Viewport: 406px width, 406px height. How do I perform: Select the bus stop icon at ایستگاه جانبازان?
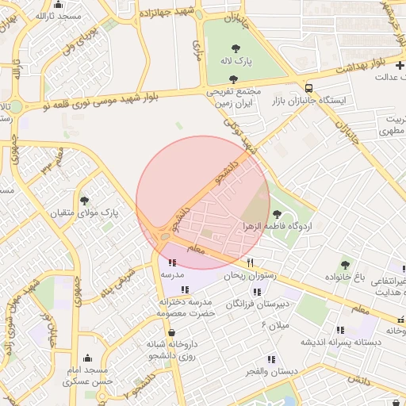[308, 87]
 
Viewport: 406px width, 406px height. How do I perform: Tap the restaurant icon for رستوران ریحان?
[251, 262]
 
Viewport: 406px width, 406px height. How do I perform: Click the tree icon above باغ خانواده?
[345, 264]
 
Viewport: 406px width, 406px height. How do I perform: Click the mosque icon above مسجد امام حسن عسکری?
[88, 358]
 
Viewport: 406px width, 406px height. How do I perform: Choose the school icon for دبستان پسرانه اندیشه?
[340, 330]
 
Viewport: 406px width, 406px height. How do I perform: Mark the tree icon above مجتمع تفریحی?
[232, 79]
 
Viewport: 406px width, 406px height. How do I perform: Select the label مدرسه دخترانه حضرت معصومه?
[188, 308]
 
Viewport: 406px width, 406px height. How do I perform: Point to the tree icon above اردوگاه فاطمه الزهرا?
[277, 213]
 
